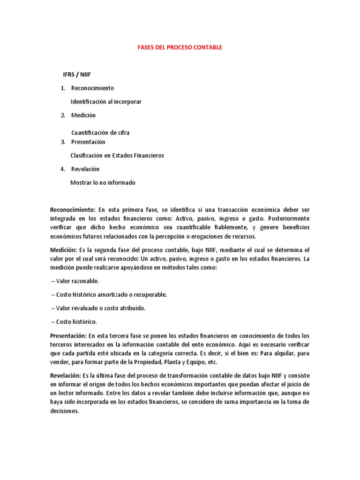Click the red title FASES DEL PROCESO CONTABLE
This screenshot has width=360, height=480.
tap(180, 48)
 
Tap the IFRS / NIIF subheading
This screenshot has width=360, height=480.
tap(80, 75)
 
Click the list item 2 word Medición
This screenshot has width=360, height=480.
tap(83, 115)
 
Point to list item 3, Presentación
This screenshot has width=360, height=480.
tap(88, 142)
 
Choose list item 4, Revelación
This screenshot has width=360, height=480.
tap(85, 169)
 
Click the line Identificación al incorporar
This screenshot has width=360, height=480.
tap(105, 102)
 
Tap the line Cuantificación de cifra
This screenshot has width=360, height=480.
tap(100, 133)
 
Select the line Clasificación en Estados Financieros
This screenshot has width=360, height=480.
tap(117, 156)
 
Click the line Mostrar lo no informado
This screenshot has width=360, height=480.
tap(103, 183)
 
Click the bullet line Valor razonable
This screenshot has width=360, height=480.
tap(75, 281)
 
